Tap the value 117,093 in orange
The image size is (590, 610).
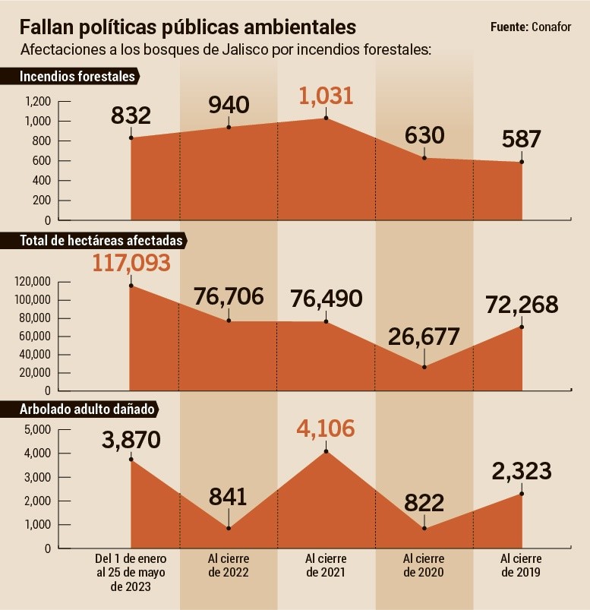131,263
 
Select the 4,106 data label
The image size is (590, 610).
327,429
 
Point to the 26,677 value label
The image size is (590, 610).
424,337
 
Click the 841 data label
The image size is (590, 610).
229,498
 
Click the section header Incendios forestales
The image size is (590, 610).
77,77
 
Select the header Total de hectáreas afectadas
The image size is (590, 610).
101,241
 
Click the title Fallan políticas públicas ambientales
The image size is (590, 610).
188,27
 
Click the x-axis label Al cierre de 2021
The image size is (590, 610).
327,566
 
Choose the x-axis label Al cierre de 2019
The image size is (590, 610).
521,566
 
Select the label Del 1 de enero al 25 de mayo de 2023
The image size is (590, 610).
131,573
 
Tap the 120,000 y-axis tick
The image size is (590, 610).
33,282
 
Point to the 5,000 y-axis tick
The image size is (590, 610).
37,430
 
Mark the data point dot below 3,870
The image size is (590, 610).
131,459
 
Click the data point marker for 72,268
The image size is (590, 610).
522,327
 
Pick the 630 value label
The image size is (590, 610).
424,136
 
